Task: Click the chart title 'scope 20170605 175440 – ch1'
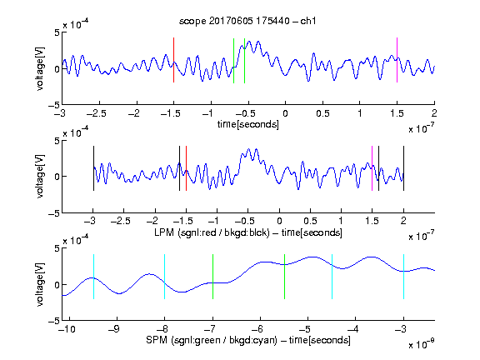247,21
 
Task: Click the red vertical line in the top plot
173,60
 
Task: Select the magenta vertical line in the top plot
397,60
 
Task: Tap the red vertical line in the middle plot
186,168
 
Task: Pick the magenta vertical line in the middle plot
372,168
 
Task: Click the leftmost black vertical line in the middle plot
93,168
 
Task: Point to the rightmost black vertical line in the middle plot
403,168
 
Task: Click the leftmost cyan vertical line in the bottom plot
93,277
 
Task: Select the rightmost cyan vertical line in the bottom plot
403,277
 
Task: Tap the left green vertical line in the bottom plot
212,277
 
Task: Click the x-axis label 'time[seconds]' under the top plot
248,124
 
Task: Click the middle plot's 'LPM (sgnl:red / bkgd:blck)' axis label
212,232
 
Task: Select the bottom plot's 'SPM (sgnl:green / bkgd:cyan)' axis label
212,340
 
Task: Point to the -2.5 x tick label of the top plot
97,113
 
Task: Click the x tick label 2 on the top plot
434,113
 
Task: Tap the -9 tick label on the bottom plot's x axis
114,329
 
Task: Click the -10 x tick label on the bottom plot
67,329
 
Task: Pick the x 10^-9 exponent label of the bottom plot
421,344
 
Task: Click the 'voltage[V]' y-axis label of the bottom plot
40,284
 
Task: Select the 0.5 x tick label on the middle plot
310,221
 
